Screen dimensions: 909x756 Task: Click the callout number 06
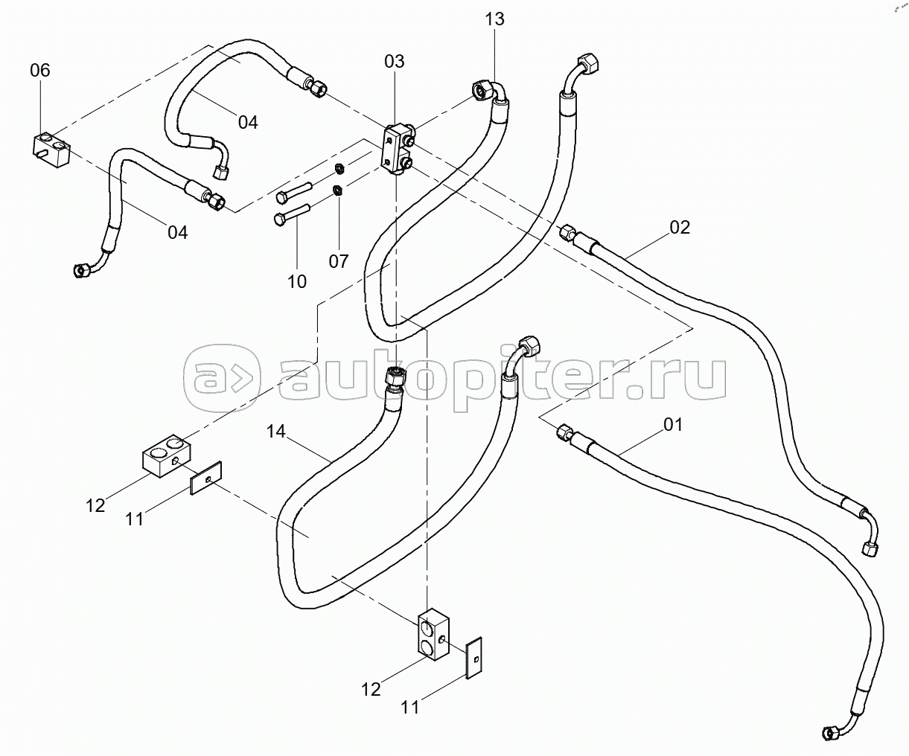(x=40, y=70)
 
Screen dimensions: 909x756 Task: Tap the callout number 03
(x=395, y=61)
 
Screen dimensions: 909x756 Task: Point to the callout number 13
(x=494, y=19)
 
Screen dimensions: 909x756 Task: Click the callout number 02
(x=680, y=228)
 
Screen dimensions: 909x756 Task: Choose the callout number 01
(x=673, y=425)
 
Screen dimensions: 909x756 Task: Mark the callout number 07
(x=339, y=261)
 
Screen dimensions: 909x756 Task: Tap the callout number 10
(x=297, y=281)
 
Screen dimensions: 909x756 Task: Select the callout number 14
(x=276, y=432)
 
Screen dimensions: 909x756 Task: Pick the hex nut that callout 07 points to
(x=337, y=190)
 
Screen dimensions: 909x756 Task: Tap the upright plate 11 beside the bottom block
(x=473, y=664)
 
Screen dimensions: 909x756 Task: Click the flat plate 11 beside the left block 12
(x=206, y=478)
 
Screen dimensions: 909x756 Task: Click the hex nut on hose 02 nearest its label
(x=567, y=232)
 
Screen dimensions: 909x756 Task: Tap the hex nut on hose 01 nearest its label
(x=564, y=432)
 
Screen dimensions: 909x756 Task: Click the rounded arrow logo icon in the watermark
(x=222, y=377)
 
